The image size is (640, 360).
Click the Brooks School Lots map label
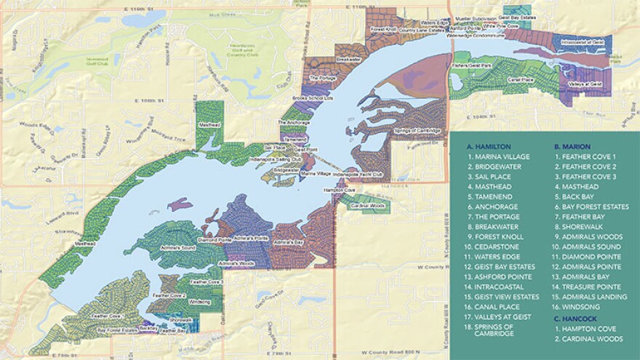(x=316, y=97)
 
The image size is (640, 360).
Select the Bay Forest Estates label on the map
(x=118, y=329)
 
